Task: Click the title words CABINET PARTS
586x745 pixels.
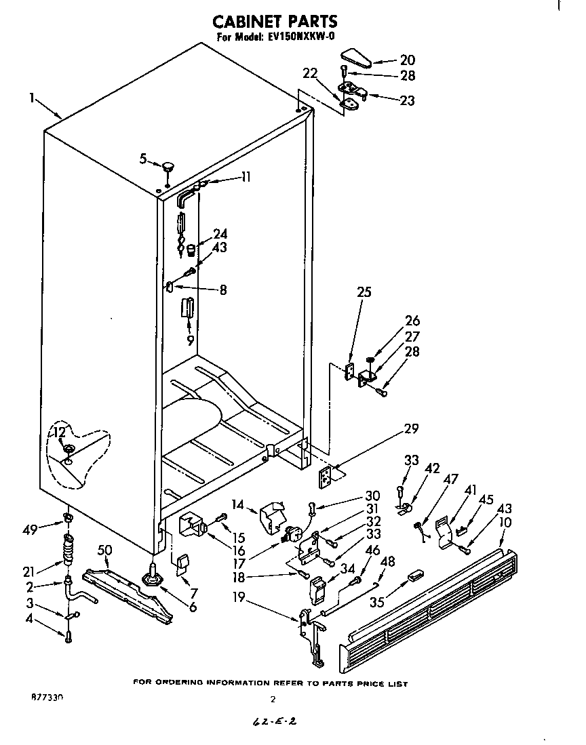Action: point(275,22)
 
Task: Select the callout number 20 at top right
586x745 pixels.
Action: point(407,60)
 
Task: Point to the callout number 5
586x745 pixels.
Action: point(142,159)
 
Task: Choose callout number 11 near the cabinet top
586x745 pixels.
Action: point(246,177)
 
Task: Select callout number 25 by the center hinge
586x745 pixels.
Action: point(364,293)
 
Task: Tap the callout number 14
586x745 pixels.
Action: point(237,505)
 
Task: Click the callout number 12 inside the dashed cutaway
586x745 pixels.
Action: point(59,432)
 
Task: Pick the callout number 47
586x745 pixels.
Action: point(450,479)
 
